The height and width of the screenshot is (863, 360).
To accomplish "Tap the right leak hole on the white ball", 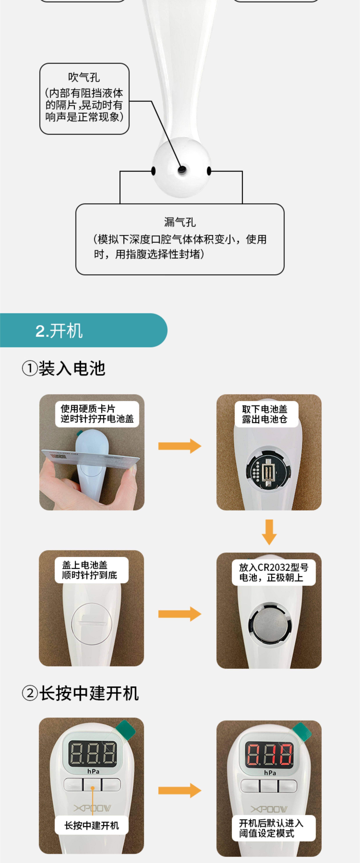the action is click(x=209, y=171).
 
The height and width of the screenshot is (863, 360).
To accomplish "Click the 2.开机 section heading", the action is click(x=59, y=331).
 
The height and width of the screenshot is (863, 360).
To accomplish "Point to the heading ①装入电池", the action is click(x=64, y=369).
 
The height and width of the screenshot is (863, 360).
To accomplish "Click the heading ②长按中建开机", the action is click(x=80, y=693).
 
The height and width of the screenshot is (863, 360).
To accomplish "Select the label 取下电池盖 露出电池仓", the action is click(x=265, y=414).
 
